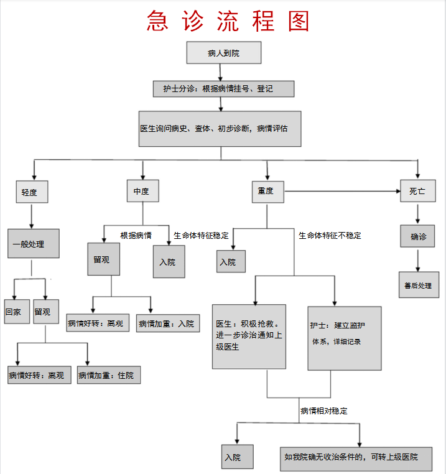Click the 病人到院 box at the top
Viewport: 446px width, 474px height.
[224, 53]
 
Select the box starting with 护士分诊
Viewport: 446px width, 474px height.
[223, 89]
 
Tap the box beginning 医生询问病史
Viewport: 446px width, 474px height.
[220, 129]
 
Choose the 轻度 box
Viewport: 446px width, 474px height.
[32, 192]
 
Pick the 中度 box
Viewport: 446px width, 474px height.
[142, 191]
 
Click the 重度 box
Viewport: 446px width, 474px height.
[268, 192]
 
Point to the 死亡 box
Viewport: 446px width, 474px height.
[418, 191]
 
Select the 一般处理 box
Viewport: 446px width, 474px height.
[33, 244]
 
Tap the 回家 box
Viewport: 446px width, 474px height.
[17, 312]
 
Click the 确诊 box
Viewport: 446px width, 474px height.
[417, 236]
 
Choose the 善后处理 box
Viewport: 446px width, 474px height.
[419, 285]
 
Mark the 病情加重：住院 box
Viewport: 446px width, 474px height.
[109, 375]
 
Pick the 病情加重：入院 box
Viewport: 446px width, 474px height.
[168, 323]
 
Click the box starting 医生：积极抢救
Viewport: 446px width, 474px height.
[249, 337]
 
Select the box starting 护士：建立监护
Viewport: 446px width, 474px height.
[345, 338]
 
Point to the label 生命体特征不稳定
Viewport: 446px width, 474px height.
[330, 236]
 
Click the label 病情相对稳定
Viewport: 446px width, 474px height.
[324, 411]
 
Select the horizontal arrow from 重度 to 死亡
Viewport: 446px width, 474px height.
[342, 191]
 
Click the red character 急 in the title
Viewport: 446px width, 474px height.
[157, 21]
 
